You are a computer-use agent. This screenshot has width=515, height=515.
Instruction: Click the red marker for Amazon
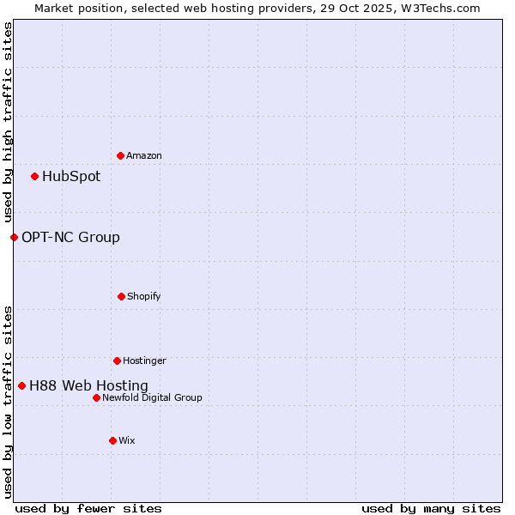[120, 155]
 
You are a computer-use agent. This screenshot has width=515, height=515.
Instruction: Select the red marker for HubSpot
[34, 176]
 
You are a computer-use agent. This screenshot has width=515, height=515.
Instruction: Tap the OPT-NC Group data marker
[14, 237]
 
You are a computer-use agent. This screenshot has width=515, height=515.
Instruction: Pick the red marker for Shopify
[121, 296]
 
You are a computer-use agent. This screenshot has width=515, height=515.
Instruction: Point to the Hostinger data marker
[117, 360]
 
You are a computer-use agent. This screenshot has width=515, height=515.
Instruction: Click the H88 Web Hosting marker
[21, 385]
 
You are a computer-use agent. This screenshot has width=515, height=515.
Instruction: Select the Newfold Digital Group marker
[96, 397]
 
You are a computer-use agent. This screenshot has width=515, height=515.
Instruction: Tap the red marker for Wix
[112, 440]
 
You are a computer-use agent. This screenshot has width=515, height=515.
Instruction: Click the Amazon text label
[144, 155]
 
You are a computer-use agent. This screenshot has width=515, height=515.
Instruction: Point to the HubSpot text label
[71, 177]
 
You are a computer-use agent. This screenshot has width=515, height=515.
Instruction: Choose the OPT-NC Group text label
[70, 238]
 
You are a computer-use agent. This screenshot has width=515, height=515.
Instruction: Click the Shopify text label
[144, 296]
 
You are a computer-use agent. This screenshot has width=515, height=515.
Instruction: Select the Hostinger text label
[144, 360]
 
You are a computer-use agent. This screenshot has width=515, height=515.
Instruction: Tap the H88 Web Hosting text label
[88, 386]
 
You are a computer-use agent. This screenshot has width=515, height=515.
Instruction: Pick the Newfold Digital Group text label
[152, 397]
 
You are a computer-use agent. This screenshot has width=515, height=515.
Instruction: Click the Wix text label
[127, 440]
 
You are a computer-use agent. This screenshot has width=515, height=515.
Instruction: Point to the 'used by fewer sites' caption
[88, 508]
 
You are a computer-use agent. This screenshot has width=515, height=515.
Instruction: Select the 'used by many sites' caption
[431, 508]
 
